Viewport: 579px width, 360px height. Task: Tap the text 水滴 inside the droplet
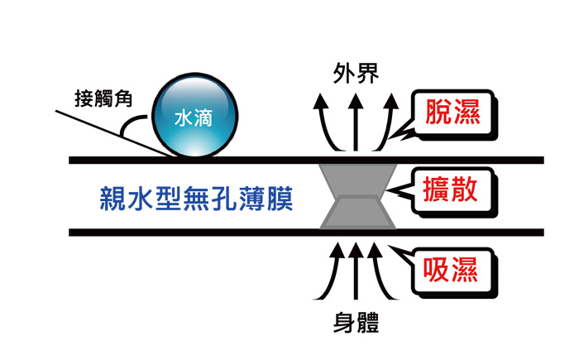click(197, 118)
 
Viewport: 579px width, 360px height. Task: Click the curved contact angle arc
click(128, 128)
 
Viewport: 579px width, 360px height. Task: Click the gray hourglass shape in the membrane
click(356, 195)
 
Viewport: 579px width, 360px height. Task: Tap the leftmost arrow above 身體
click(328, 273)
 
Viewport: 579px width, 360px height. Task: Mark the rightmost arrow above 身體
click(384, 273)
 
